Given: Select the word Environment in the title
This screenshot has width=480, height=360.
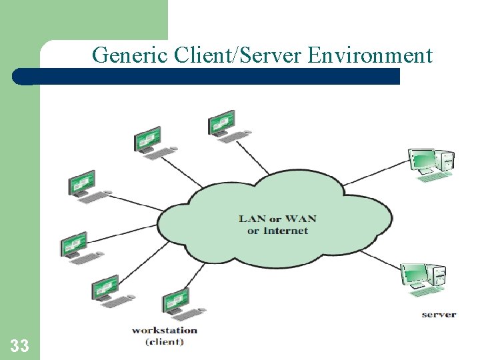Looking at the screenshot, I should coord(371,55).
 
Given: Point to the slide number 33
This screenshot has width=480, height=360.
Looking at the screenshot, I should coord(19,345).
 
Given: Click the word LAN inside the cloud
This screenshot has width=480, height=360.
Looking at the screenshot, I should coord(253,218).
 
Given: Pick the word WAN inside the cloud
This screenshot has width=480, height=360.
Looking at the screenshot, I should coord(302,218).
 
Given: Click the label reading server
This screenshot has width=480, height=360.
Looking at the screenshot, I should coord(438,314).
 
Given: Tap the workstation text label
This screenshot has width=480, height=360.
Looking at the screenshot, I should coord(164,330).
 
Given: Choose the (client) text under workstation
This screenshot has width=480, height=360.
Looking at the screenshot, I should coord(164,342).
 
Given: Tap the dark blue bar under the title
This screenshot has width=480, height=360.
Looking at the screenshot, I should coord(213,76).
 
